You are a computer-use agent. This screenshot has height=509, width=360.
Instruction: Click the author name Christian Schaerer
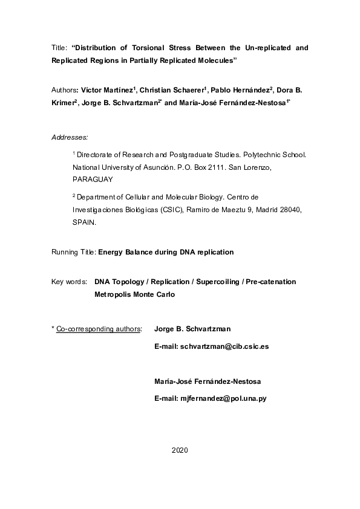(175, 90)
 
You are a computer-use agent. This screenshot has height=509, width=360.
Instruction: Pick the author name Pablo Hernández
(241, 90)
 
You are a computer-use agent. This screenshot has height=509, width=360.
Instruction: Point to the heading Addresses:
(70, 138)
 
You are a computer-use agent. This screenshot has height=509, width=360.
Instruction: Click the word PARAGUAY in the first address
(92, 180)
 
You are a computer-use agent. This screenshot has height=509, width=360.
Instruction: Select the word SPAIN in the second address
(83, 222)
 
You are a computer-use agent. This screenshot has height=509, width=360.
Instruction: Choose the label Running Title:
(74, 251)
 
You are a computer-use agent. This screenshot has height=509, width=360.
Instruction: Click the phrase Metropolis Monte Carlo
(135, 295)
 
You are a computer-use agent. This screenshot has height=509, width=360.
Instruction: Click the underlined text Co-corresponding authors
(98, 329)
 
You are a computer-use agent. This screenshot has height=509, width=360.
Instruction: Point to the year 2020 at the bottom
(180, 451)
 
